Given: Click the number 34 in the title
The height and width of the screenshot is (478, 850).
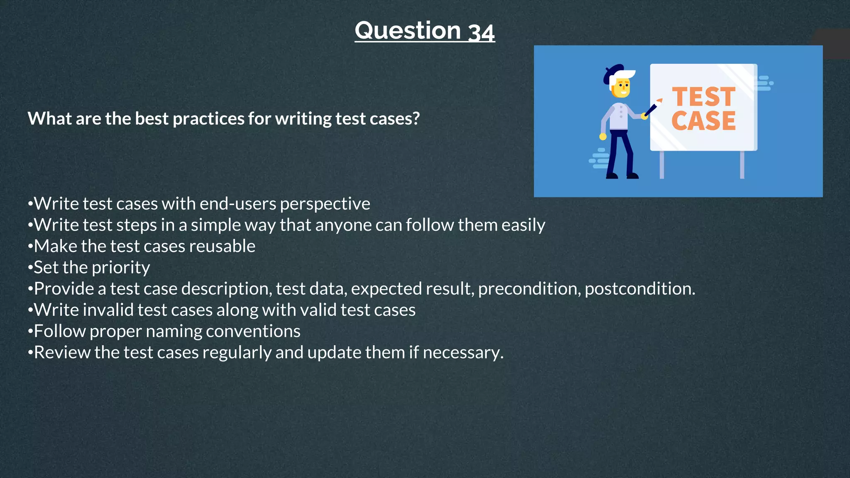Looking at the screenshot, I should point(481,32).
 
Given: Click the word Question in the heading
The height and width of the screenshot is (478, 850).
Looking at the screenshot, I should point(408,31).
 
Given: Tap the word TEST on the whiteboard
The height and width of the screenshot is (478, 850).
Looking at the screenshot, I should point(703,97).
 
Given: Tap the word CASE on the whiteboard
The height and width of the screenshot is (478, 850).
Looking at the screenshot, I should point(703,121).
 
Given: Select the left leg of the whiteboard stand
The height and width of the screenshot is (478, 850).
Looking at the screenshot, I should point(662,165).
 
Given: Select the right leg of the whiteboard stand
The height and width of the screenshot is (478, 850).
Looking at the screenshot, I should point(742,165).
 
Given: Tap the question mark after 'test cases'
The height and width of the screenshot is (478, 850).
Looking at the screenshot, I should point(416,119).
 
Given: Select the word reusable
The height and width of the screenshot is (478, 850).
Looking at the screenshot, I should point(222,246).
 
